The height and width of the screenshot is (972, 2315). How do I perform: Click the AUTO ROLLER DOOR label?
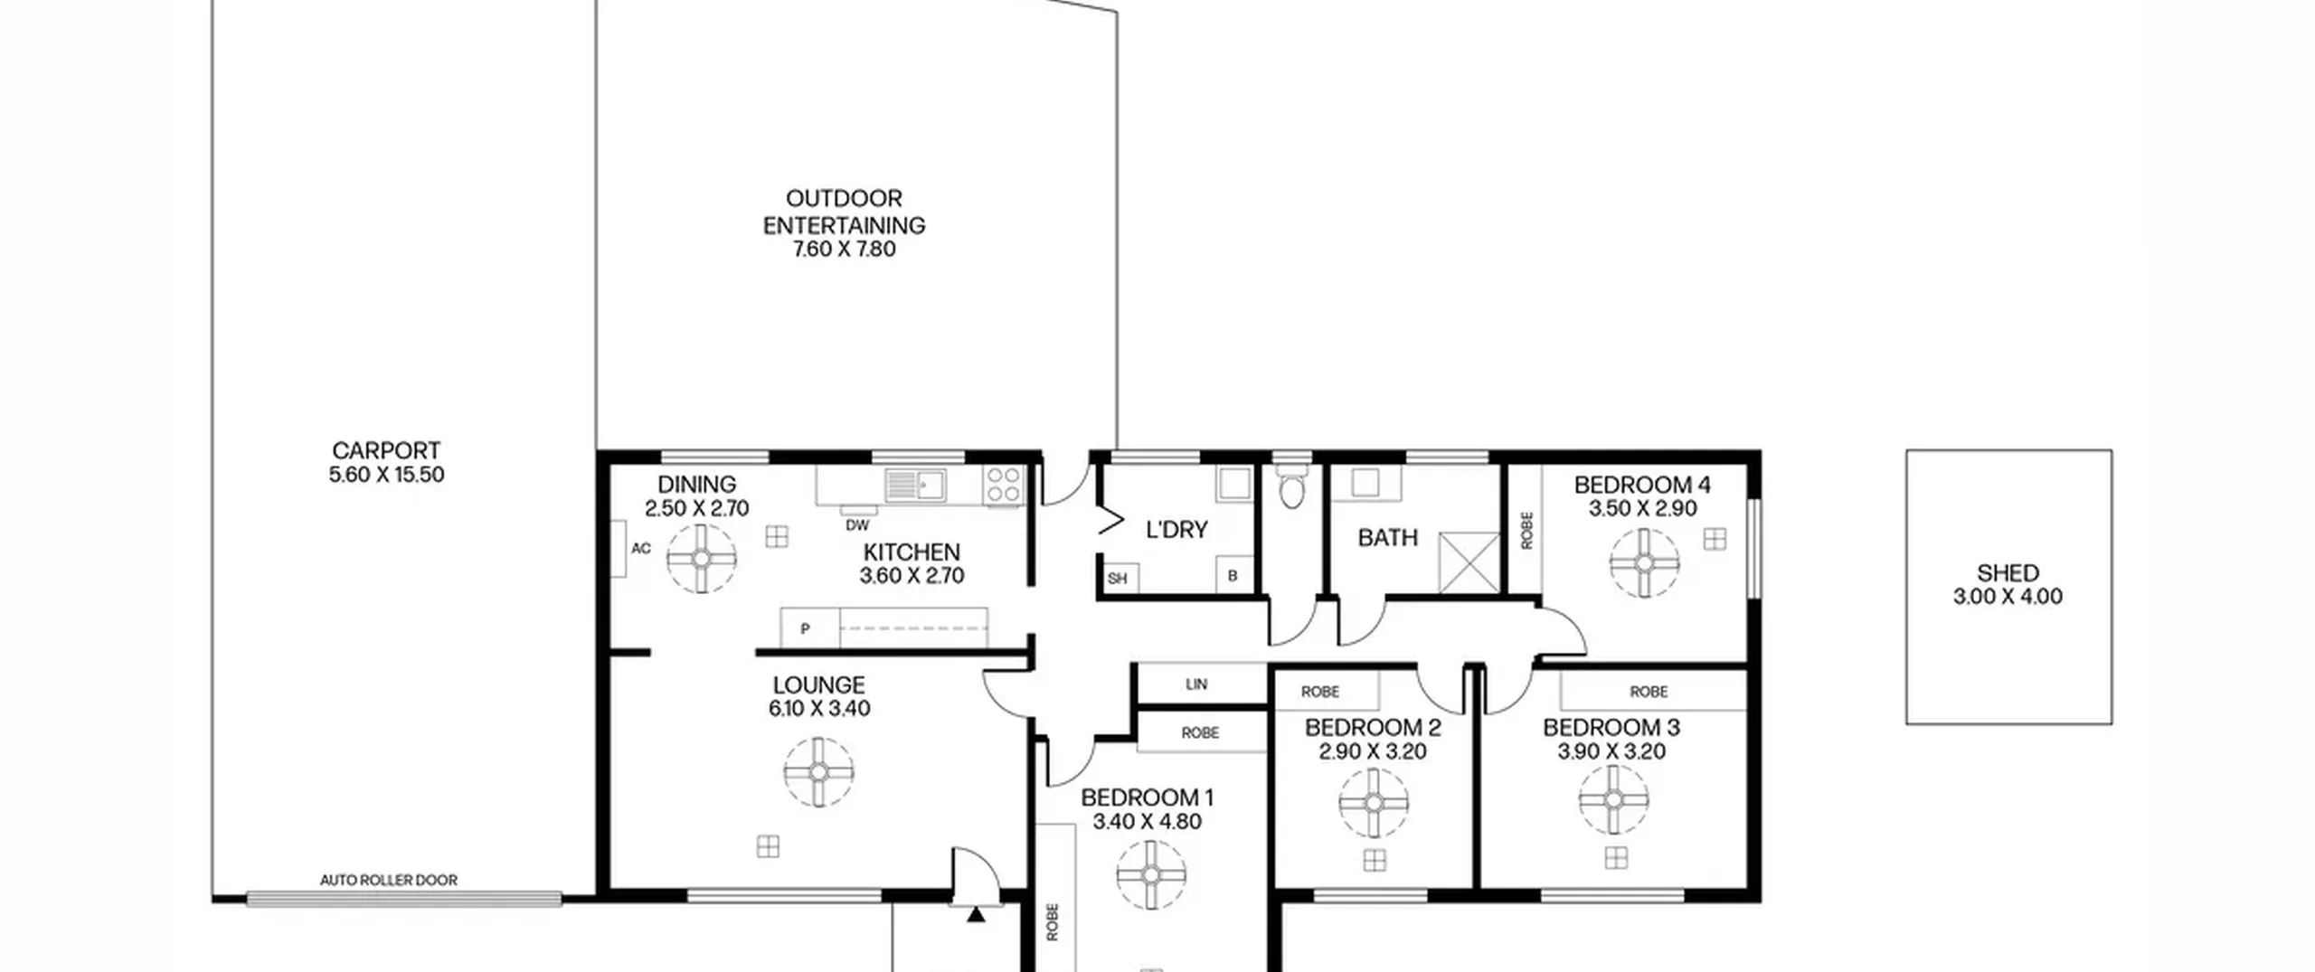[x=389, y=880]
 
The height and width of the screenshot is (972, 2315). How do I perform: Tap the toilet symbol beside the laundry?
[x=1292, y=486]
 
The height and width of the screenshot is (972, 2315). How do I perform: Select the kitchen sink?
[x=915, y=485]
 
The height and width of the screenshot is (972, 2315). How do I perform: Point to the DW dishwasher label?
[x=857, y=525]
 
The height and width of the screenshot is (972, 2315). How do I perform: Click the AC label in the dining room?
[x=641, y=548]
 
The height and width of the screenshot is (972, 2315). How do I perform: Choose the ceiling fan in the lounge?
[x=819, y=772]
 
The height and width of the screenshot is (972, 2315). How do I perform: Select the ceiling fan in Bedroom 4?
[x=1644, y=563]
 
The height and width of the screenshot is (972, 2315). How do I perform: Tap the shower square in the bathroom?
[x=1469, y=562]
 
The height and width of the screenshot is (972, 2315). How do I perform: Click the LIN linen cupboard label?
[x=1196, y=684]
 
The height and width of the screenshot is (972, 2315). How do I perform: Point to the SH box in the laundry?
[x=1118, y=579]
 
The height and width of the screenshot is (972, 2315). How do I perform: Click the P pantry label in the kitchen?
[x=805, y=629]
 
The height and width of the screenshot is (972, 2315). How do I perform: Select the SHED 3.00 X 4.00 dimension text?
[x=2008, y=597]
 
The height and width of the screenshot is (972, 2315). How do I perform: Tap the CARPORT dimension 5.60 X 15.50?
[x=386, y=475]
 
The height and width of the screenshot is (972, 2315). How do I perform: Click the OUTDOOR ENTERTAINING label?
[x=844, y=212]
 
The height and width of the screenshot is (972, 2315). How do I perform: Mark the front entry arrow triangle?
[x=976, y=914]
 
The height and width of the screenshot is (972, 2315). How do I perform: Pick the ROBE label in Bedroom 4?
[x=1527, y=531]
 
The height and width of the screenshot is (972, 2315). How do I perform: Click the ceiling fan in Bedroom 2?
[x=1374, y=803]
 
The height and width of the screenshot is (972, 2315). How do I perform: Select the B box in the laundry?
[x=1233, y=576]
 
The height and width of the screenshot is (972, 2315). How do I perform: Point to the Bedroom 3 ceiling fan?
[x=1614, y=799]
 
